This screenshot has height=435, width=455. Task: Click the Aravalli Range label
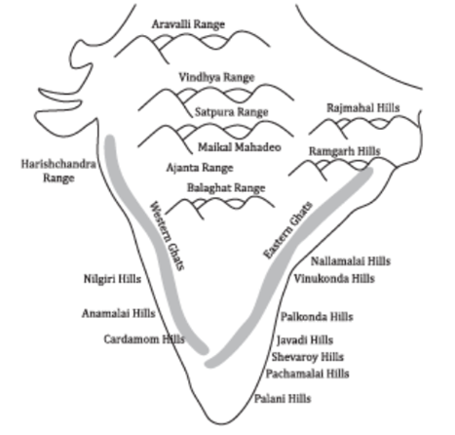click(188, 24)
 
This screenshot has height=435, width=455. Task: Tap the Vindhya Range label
click(216, 77)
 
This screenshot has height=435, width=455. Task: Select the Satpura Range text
click(232, 112)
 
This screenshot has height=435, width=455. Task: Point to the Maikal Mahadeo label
click(240, 147)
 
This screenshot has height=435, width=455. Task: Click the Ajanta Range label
click(200, 168)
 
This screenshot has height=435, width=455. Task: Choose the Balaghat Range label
click(226, 188)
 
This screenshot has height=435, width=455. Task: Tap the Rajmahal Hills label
click(363, 108)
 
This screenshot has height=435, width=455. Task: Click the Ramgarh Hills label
click(344, 151)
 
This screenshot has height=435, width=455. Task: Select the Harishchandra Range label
click(58, 171)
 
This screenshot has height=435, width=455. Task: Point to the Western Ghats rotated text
click(167, 236)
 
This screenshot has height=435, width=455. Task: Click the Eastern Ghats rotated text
click(287, 230)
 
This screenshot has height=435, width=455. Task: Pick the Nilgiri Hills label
click(112, 279)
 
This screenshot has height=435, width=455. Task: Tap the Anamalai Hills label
click(119, 313)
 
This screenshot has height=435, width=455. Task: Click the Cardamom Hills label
click(144, 339)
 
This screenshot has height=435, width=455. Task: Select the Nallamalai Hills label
click(351, 261)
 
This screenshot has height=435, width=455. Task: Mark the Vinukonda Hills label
click(334, 279)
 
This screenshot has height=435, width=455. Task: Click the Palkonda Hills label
click(317, 317)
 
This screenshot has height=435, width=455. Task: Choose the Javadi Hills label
click(305, 340)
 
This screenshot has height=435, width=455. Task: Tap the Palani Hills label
click(283, 399)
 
